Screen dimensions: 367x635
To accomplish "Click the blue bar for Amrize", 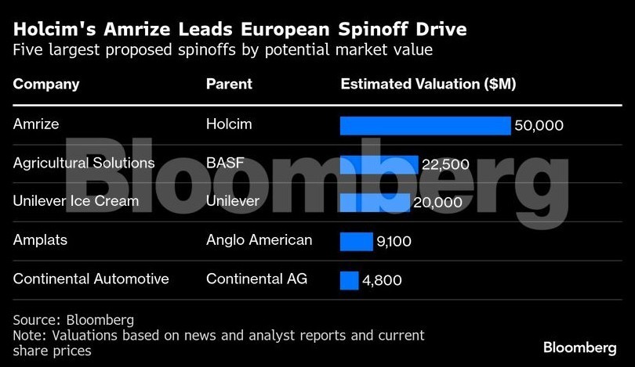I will [425, 126].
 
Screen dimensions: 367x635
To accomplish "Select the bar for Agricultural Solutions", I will [379, 164].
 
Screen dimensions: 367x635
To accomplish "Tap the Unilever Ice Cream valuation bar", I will [374, 203].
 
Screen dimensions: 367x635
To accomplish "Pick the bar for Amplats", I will [356, 241].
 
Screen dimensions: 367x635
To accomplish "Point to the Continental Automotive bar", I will [349, 279].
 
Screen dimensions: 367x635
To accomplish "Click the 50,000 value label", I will [539, 126].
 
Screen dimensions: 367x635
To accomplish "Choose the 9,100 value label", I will [394, 241].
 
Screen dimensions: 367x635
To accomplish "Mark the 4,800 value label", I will [381, 279].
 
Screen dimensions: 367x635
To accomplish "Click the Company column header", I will [46, 85].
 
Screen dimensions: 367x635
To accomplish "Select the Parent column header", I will [229, 85].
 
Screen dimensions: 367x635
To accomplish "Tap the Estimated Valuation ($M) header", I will [428, 85].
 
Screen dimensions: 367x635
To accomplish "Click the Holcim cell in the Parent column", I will [228, 124].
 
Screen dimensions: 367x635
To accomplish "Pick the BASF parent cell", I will [225, 163].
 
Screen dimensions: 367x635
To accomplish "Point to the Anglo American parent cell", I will [259, 239].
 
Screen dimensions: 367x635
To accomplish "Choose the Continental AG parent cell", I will [257, 279].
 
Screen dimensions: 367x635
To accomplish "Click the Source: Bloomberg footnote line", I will [74, 320].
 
